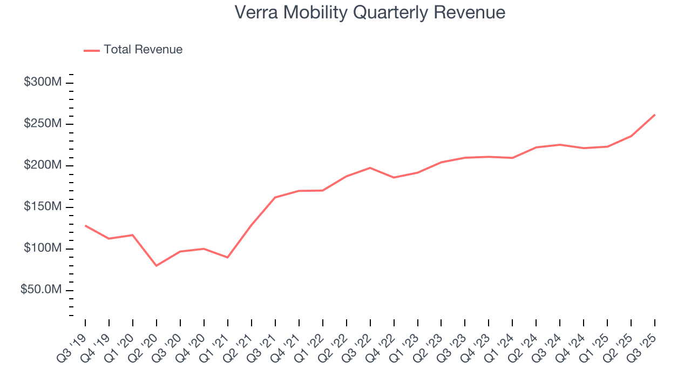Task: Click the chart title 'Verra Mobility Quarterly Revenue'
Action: click(x=370, y=12)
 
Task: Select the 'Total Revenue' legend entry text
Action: click(x=143, y=50)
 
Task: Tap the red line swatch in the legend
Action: click(x=92, y=50)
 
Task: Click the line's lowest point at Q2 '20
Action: click(x=157, y=266)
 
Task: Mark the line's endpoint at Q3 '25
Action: click(x=655, y=115)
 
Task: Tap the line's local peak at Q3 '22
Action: click(x=370, y=167)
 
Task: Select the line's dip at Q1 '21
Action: click(x=228, y=257)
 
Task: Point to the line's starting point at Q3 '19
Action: click(x=85, y=225)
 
